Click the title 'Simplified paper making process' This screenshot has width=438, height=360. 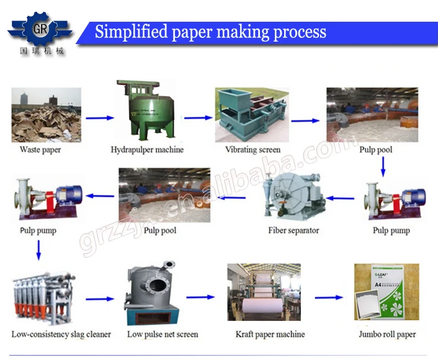click(210, 32)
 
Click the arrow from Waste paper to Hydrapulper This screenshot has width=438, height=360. click(99, 117)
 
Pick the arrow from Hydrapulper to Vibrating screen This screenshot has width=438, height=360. click(198, 117)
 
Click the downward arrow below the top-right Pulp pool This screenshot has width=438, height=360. click(383, 166)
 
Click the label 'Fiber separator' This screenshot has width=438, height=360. click(293, 230)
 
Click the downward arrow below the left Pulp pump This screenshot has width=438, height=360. click(38, 250)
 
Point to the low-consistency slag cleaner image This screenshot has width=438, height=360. click(43, 294)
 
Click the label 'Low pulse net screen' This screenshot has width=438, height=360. click(163, 335)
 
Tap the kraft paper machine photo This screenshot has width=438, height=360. click(263, 294)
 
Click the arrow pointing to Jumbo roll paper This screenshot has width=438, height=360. click(328, 298)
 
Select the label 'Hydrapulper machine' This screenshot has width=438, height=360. click(147, 150)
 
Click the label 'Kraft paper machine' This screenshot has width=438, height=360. click(270, 335)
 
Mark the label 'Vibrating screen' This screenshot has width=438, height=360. click(253, 150)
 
